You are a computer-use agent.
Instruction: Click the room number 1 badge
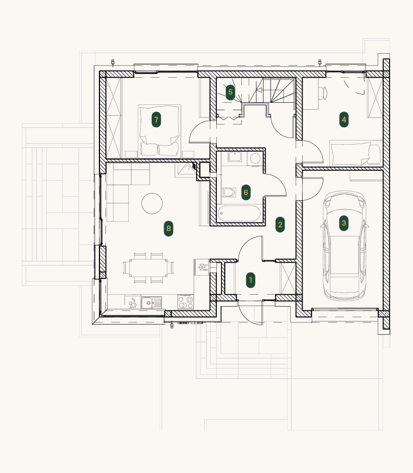[x=251, y=280]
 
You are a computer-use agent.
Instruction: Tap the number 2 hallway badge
[x=280, y=225]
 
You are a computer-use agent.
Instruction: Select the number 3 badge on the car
[x=343, y=223]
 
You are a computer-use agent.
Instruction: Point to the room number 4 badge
[x=343, y=120]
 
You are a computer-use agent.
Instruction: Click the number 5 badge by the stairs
[x=230, y=92]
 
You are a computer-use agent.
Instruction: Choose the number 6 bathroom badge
[x=246, y=192]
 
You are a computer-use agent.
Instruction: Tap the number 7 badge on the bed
[x=156, y=120]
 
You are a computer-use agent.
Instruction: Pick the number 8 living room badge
[x=168, y=228]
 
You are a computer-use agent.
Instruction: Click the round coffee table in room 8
[x=152, y=204]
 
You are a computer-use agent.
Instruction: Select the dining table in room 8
[x=148, y=267]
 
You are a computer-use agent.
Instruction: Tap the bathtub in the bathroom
[x=239, y=214]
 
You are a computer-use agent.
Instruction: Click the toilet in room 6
[x=230, y=192]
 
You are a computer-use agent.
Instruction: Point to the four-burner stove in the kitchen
[x=185, y=302]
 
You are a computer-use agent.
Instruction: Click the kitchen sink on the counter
[x=152, y=303]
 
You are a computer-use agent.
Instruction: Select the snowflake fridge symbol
[x=202, y=267]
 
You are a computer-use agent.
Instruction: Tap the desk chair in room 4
[x=323, y=92]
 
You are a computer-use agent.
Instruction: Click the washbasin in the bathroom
[x=235, y=157]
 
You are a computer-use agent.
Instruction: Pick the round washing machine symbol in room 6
[x=255, y=159]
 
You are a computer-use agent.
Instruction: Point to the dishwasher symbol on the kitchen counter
[x=133, y=303]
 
